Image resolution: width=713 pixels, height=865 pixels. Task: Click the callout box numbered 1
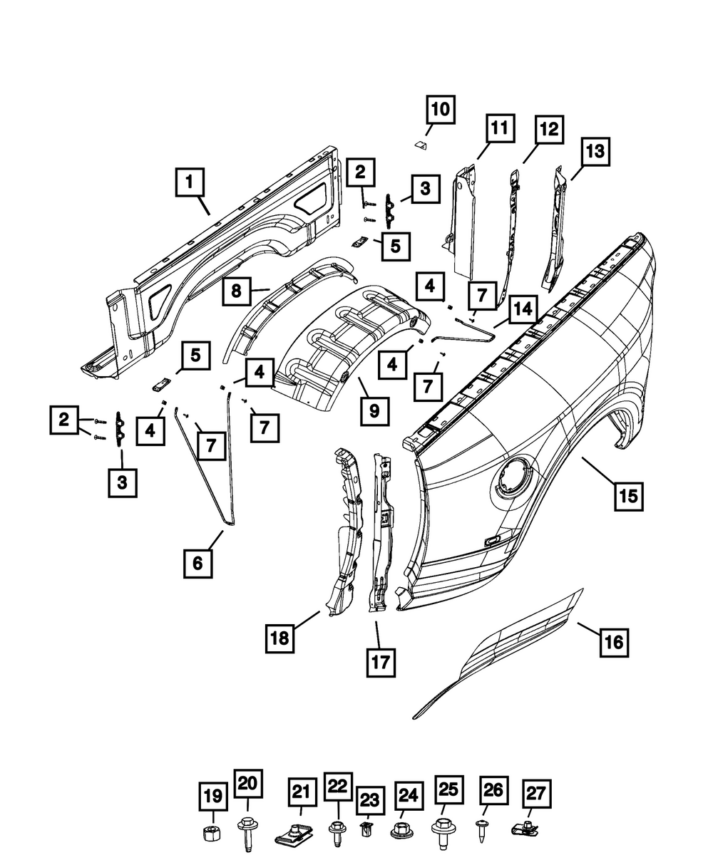tap(189, 182)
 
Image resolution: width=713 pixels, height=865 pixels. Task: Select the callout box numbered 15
tap(628, 494)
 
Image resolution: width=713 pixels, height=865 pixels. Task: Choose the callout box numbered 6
tap(197, 562)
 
